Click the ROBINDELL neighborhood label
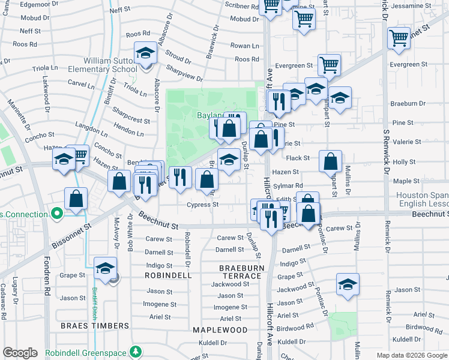pos(168,275)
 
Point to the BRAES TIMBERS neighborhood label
pos(95,326)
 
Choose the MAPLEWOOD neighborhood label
pos(220,330)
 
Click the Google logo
pos(20,353)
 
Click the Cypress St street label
pos(202,205)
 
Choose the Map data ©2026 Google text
pos(411,355)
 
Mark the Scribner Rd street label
pos(240,6)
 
